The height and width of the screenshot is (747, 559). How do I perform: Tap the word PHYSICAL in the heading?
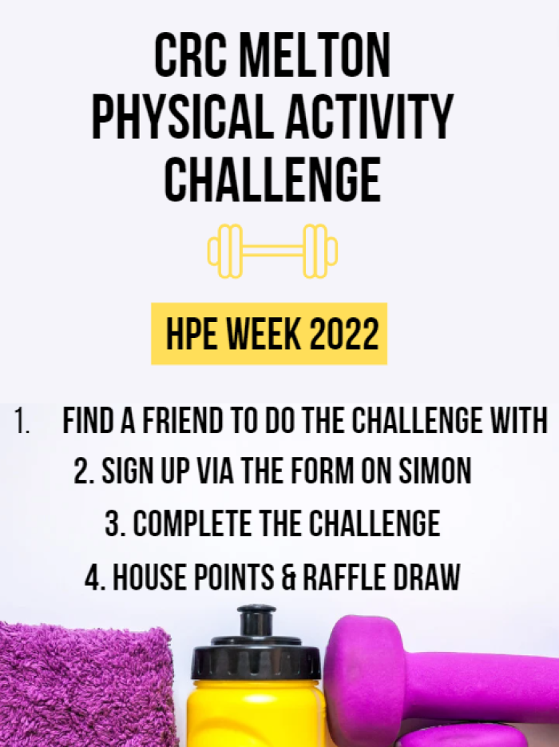pos(182,117)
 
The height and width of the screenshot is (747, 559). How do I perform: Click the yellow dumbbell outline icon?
pos(272,251)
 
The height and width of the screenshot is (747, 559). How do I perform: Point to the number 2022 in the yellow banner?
pos(344,333)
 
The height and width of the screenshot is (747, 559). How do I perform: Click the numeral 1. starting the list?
pos(22,420)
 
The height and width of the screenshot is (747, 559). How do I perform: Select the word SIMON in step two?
pos(434,471)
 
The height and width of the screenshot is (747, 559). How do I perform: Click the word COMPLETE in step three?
pos(192,523)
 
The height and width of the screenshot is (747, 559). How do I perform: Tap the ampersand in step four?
pos(288,577)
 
